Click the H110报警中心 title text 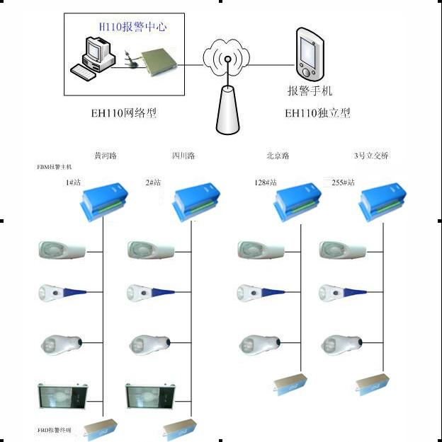(132, 28)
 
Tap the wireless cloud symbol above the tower (227, 57)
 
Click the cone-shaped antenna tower (227, 109)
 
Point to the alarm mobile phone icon (308, 52)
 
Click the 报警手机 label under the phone (310, 91)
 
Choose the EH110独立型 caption (317, 112)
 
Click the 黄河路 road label (106, 156)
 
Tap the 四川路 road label (183, 156)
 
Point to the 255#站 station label (343, 182)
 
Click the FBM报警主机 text (55, 168)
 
